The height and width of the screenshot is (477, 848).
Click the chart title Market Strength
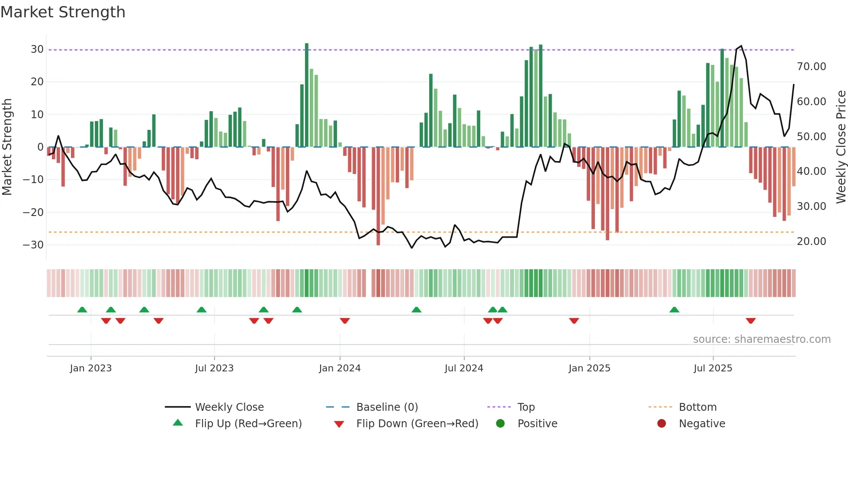pyautogui.click(x=63, y=12)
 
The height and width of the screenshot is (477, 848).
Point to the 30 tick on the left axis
pyautogui.click(x=37, y=49)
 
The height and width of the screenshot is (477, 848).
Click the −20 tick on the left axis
pyautogui.click(x=33, y=213)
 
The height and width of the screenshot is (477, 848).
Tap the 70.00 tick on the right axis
pyautogui.click(x=811, y=67)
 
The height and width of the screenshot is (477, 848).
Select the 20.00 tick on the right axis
pyautogui.click(x=811, y=242)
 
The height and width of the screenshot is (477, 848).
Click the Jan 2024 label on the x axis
pyautogui.click(x=340, y=368)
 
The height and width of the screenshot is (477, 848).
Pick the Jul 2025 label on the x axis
pyautogui.click(x=713, y=368)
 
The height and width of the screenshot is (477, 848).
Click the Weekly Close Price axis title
pyautogui.click(x=841, y=147)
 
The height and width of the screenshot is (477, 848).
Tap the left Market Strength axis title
pyautogui.click(x=7, y=147)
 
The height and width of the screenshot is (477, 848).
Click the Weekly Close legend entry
pyautogui.click(x=229, y=407)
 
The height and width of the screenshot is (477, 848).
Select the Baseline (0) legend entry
pyautogui.click(x=387, y=407)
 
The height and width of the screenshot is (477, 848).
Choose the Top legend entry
pyautogui.click(x=526, y=407)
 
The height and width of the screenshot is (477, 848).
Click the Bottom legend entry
pyautogui.click(x=697, y=407)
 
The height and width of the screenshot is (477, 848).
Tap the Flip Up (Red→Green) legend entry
pyautogui.click(x=248, y=424)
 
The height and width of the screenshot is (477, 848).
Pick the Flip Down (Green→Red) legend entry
pyautogui.click(x=417, y=424)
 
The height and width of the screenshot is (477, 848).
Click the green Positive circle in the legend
pyautogui.click(x=500, y=424)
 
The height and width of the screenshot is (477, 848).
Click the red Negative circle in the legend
pyautogui.click(x=662, y=424)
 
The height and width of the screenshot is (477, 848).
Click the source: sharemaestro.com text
pyautogui.click(x=761, y=339)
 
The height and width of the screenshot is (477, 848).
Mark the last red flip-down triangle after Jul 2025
pyautogui.click(x=751, y=321)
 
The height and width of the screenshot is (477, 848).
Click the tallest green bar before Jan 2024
pyautogui.click(x=307, y=95)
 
